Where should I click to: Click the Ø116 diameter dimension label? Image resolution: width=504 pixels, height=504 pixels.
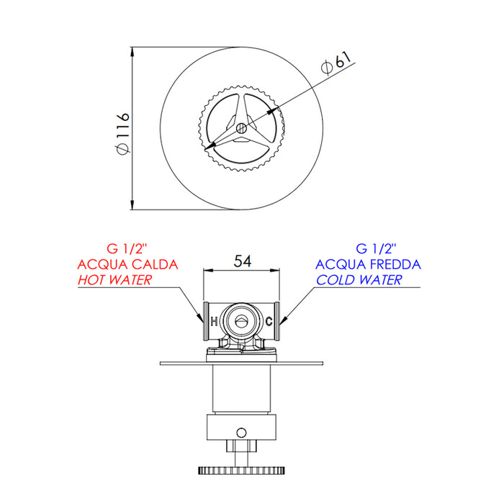122,131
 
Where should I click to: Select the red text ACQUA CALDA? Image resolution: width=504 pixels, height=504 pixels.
127,264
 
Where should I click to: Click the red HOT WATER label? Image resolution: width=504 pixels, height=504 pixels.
114,279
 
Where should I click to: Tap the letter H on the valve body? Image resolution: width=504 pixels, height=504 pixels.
213,321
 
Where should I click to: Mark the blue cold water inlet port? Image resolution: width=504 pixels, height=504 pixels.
280,321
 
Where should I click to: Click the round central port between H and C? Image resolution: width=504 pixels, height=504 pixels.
240,320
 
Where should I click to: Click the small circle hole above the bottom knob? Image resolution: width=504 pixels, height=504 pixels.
240,432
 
